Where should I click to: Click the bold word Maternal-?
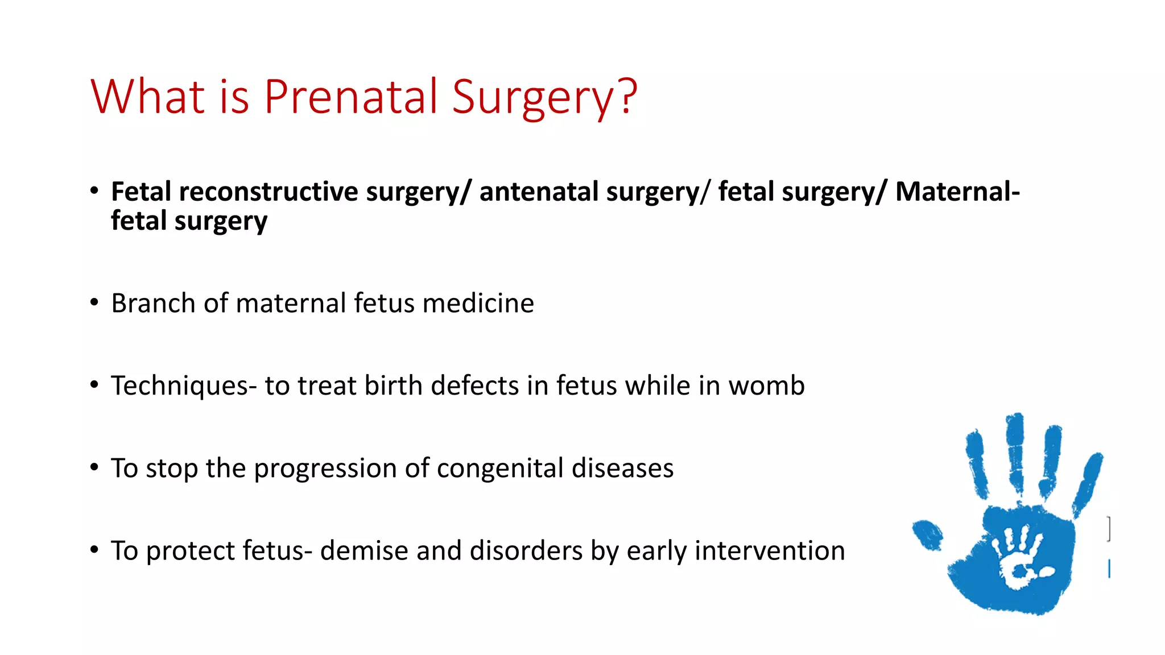point(957,192)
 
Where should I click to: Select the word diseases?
point(622,469)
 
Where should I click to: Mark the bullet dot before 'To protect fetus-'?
point(94,550)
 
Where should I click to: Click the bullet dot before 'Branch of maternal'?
point(94,302)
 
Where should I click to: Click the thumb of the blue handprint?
point(928,535)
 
